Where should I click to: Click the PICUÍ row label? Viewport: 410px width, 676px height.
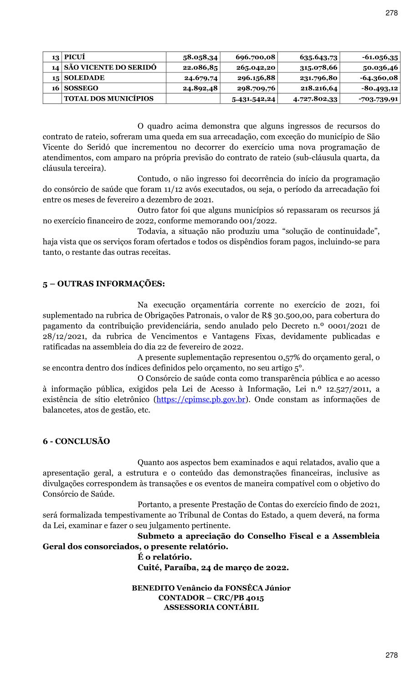click(75, 57)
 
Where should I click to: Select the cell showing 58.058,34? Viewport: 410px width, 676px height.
click(200, 57)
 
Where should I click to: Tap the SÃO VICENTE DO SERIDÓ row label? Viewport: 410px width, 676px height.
click(110, 67)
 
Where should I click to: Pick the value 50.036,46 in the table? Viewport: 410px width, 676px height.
click(380, 67)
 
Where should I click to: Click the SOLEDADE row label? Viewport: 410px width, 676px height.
click(84, 78)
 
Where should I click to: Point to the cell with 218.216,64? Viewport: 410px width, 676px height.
click(319, 88)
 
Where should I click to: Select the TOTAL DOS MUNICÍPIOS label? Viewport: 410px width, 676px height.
click(109, 98)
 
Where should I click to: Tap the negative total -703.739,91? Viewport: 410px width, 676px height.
click(378, 99)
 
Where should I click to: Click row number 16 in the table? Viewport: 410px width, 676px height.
click(56, 88)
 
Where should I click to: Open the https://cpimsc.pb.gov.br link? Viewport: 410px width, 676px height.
click(201, 400)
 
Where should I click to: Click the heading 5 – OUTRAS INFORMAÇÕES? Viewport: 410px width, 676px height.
click(104, 284)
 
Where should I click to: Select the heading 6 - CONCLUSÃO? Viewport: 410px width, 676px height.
click(77, 441)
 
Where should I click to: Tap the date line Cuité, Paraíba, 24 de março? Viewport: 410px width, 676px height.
click(213, 568)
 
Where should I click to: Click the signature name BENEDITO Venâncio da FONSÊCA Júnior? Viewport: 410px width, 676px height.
click(211, 588)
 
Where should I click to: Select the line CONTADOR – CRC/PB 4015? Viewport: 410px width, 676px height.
click(211, 598)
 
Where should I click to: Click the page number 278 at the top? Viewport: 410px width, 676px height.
click(391, 13)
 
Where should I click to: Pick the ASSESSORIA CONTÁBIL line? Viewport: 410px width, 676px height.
click(211, 607)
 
